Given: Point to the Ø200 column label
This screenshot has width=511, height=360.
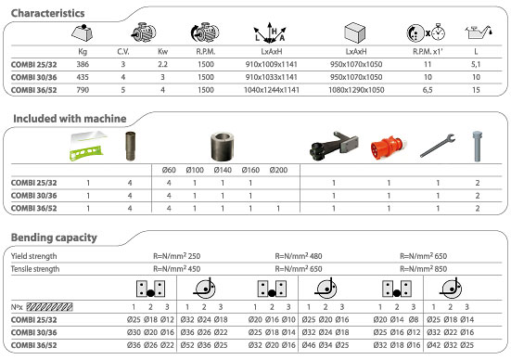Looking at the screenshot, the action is coord(278,171).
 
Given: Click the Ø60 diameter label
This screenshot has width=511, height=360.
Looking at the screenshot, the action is coord(168,171).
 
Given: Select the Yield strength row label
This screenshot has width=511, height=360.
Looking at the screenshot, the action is coord(33,255).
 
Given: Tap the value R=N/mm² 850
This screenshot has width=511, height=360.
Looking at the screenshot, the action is coord(428,268).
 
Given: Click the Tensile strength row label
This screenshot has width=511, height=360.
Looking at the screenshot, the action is coord(36,268).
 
